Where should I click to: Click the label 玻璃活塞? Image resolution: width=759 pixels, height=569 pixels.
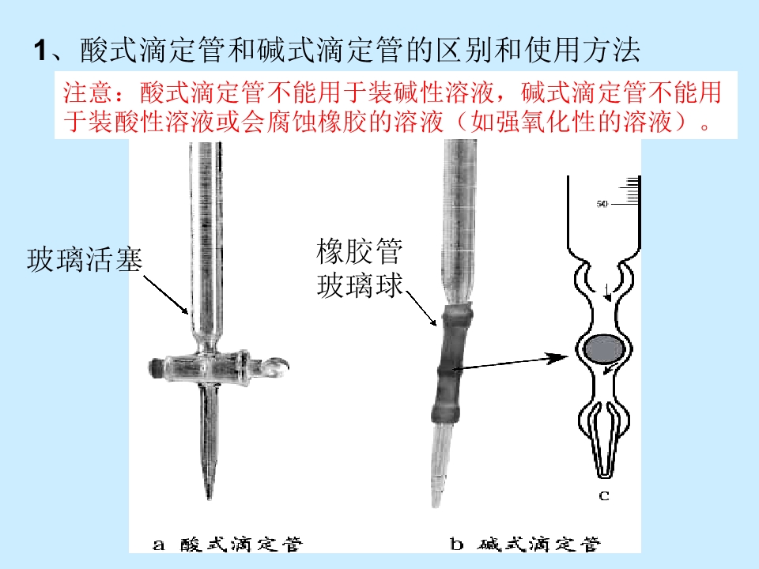(85, 260)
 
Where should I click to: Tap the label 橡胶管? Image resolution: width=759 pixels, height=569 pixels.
(359, 251)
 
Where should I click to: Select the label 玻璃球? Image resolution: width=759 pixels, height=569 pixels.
(359, 285)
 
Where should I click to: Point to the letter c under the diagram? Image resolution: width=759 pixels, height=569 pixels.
(603, 496)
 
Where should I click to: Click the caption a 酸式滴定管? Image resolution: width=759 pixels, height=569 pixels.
(228, 545)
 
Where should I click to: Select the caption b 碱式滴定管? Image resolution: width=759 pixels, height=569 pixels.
(525, 545)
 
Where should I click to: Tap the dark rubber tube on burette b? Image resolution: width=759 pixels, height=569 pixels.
(451, 363)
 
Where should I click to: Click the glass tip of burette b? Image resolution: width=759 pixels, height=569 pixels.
(440, 465)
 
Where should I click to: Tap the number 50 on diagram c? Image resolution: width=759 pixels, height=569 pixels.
(602, 204)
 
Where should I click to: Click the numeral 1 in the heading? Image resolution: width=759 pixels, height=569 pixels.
(40, 51)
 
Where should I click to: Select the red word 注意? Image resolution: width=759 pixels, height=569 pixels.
(88, 92)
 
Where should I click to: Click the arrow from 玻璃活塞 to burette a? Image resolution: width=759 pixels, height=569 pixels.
(166, 295)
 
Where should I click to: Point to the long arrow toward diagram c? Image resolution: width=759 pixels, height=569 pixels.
(510, 363)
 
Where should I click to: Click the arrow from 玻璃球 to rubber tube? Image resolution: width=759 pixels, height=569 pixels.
(421, 308)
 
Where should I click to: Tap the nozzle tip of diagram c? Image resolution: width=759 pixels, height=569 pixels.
(603, 474)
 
